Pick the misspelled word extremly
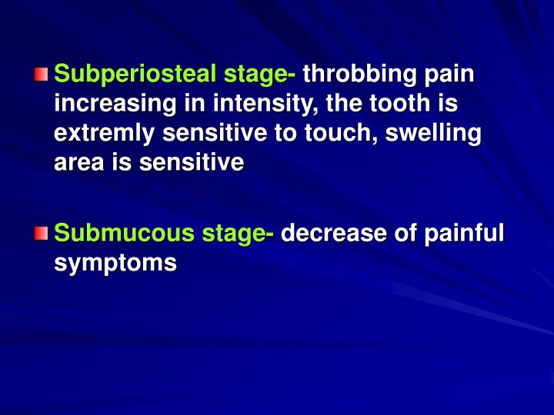coord(104,134)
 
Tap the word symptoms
coord(116,263)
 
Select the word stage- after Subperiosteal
coord(255,75)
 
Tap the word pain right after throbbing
coord(450,75)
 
